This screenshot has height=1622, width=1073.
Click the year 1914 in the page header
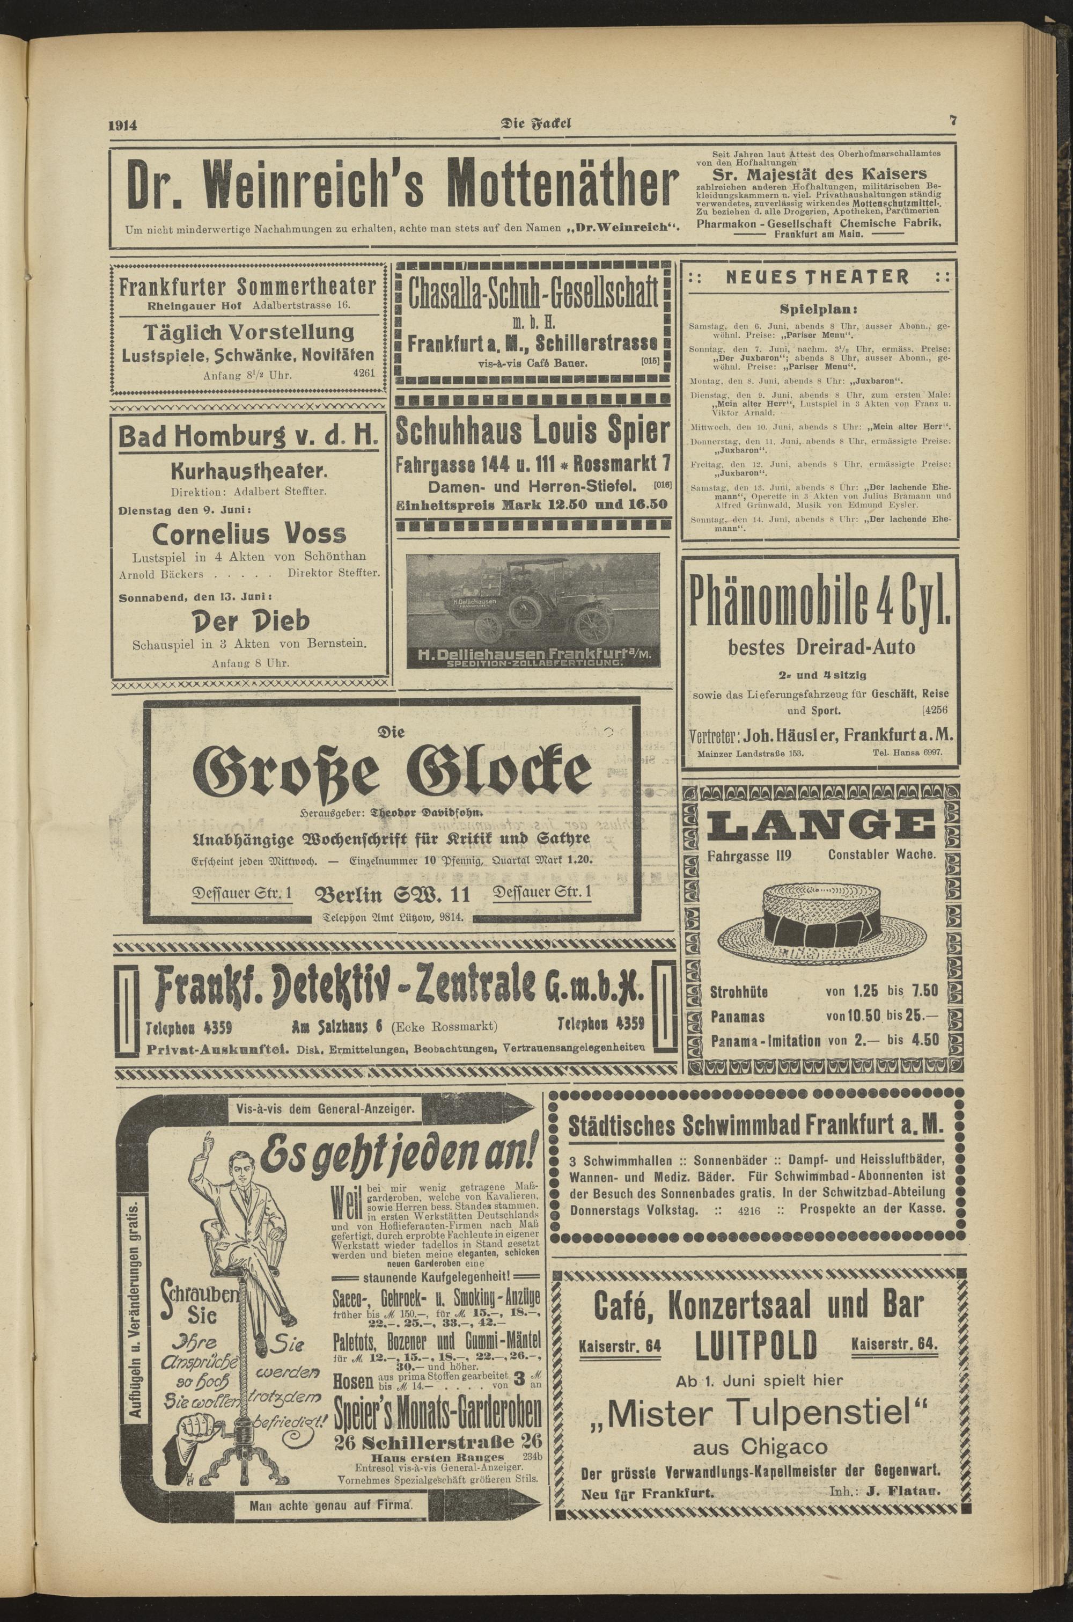click(123, 125)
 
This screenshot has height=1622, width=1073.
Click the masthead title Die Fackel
click(537, 124)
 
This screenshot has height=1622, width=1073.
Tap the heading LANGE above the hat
click(819, 825)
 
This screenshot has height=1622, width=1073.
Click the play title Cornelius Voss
click(249, 533)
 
